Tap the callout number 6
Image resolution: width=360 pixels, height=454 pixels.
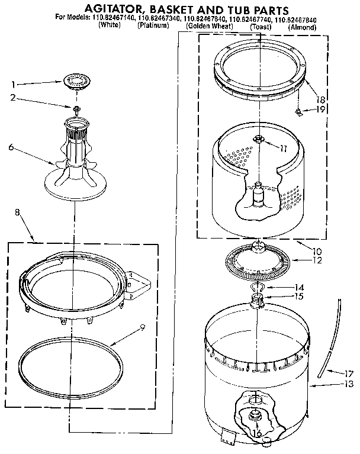click(x=11, y=148)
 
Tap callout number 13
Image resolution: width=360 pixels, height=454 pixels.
click(x=349, y=385)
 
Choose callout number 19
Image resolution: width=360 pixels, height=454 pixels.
click(x=320, y=110)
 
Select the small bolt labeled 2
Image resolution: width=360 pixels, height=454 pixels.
click(x=76, y=108)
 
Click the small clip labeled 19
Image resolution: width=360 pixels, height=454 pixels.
click(x=300, y=111)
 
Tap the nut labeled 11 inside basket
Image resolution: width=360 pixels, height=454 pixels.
click(x=258, y=139)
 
